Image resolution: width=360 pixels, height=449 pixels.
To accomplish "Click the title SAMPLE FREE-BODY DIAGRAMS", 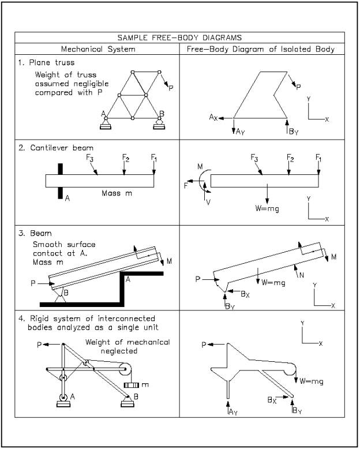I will [x=179, y=38].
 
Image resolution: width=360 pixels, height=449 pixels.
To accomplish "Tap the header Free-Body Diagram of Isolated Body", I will [x=261, y=49].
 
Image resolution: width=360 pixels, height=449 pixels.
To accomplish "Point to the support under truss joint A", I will [x=106, y=124].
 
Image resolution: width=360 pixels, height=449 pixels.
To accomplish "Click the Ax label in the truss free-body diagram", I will [x=214, y=117].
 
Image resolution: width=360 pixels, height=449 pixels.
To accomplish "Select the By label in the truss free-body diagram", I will [x=294, y=132].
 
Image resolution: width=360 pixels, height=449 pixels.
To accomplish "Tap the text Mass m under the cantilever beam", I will [x=117, y=193].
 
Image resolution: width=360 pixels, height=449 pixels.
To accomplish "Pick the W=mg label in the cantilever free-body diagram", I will [x=267, y=208].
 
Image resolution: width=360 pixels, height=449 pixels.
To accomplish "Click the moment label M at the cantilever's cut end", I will [x=200, y=167].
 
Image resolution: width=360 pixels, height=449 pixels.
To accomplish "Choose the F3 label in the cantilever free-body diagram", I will [x=254, y=157].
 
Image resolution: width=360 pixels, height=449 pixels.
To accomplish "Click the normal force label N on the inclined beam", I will [x=301, y=275].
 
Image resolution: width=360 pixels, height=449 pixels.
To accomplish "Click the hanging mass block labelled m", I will [x=132, y=385].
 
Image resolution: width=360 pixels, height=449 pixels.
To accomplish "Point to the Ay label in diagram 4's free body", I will [x=232, y=411].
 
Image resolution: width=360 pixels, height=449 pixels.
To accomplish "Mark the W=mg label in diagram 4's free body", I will [x=312, y=381].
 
